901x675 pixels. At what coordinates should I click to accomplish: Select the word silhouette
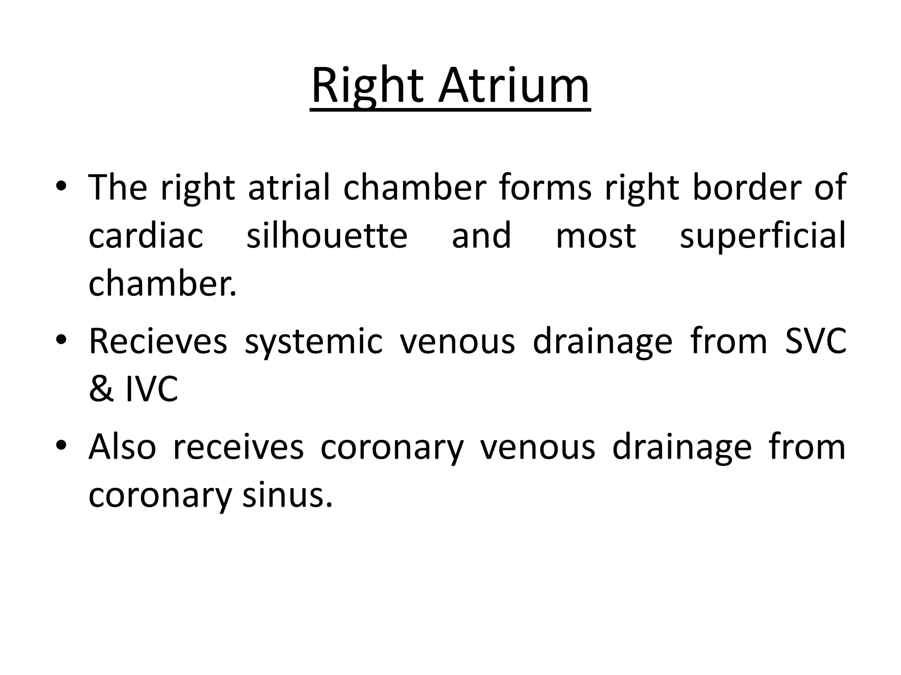[x=327, y=236]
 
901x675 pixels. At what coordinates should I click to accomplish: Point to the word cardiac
[x=146, y=236]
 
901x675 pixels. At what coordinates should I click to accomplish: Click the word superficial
[x=762, y=236]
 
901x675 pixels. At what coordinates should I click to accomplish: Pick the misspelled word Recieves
[x=158, y=341]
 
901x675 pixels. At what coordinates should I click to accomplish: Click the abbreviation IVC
[x=152, y=389]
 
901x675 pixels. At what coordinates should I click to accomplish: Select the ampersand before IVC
[x=101, y=389]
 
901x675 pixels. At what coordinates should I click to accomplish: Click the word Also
[x=122, y=447]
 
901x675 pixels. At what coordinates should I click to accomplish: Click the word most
[x=596, y=236]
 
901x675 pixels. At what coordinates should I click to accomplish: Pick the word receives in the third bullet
[x=238, y=447]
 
